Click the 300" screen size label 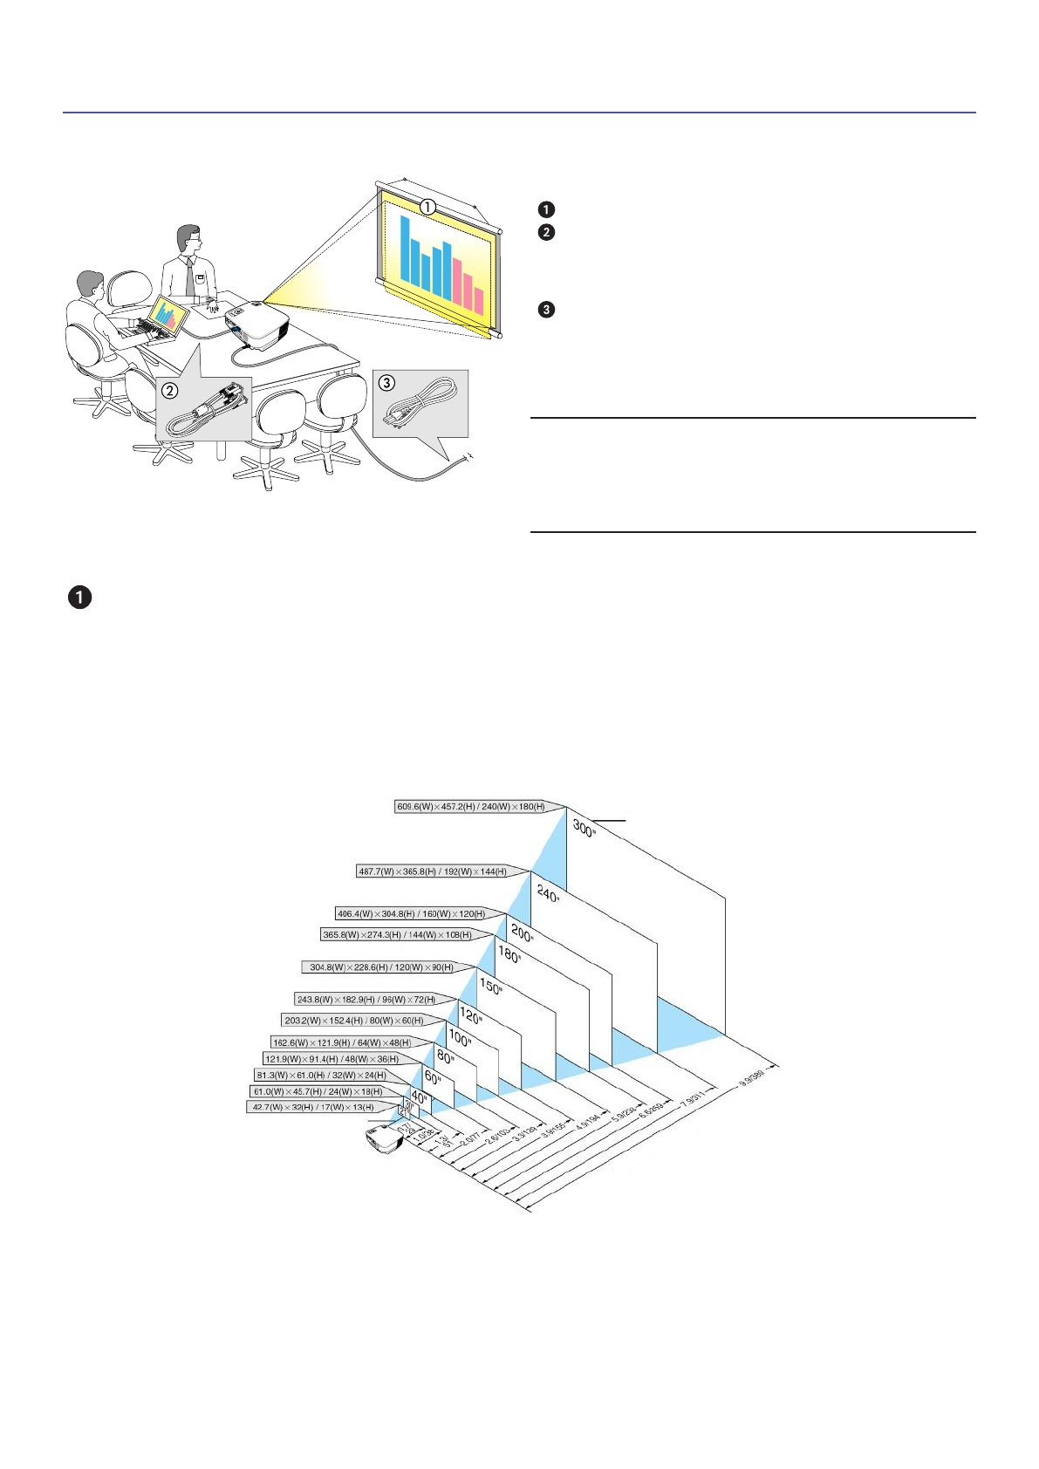pos(584,827)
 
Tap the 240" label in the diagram pos(547,893)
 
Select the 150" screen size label pos(490,987)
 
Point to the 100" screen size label pos(459,1037)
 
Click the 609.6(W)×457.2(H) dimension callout pos(470,807)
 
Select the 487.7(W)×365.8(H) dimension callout pos(432,871)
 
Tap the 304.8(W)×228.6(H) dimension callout pos(381,967)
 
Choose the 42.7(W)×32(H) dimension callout pos(312,1107)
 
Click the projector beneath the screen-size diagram pos(381,1139)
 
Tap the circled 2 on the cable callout pos(171,390)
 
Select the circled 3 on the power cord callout pos(386,382)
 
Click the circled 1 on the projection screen pos(427,207)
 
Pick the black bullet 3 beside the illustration pos(547,310)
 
